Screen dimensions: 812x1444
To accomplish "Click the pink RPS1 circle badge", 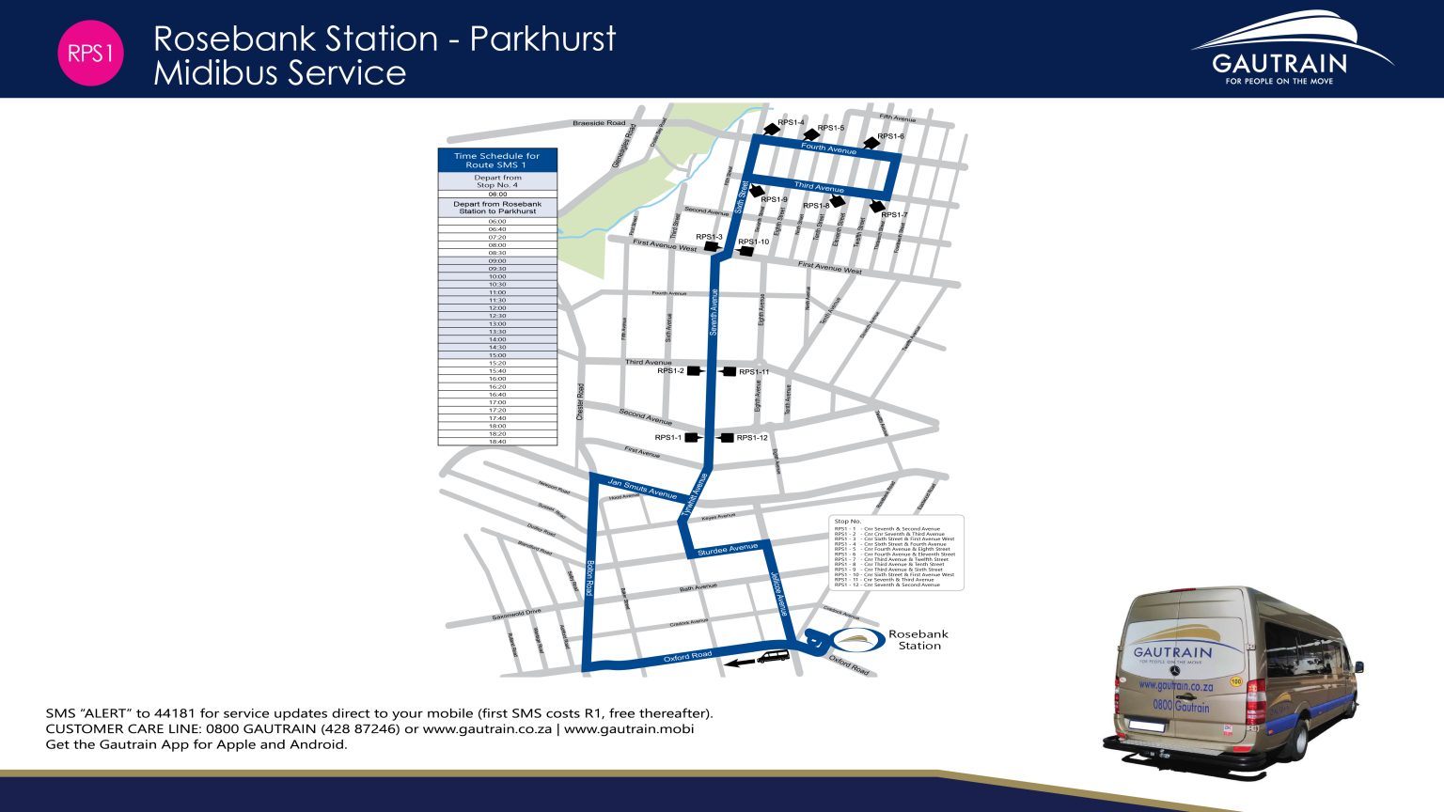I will tap(90, 54).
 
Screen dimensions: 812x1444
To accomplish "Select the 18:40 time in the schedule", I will tap(497, 442).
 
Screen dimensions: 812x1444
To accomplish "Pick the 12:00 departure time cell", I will tap(497, 308).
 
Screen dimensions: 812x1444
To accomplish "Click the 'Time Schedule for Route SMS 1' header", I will tap(497, 161).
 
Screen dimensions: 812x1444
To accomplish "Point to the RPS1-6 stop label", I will tap(890, 137).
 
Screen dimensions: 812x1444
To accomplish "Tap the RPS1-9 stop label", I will tap(774, 200).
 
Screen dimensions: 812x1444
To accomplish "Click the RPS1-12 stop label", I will tap(752, 438).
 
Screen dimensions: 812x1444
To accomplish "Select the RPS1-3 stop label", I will tap(709, 237).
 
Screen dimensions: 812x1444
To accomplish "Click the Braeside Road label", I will tap(599, 123).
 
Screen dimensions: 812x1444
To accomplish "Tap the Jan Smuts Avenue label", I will tap(642, 489).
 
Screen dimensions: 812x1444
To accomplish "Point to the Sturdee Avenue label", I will tap(727, 549).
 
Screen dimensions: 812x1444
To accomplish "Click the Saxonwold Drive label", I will tap(516, 615).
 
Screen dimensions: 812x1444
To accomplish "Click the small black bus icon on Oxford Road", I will tap(775, 657).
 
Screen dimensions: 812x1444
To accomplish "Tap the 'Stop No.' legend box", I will tap(896, 553).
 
